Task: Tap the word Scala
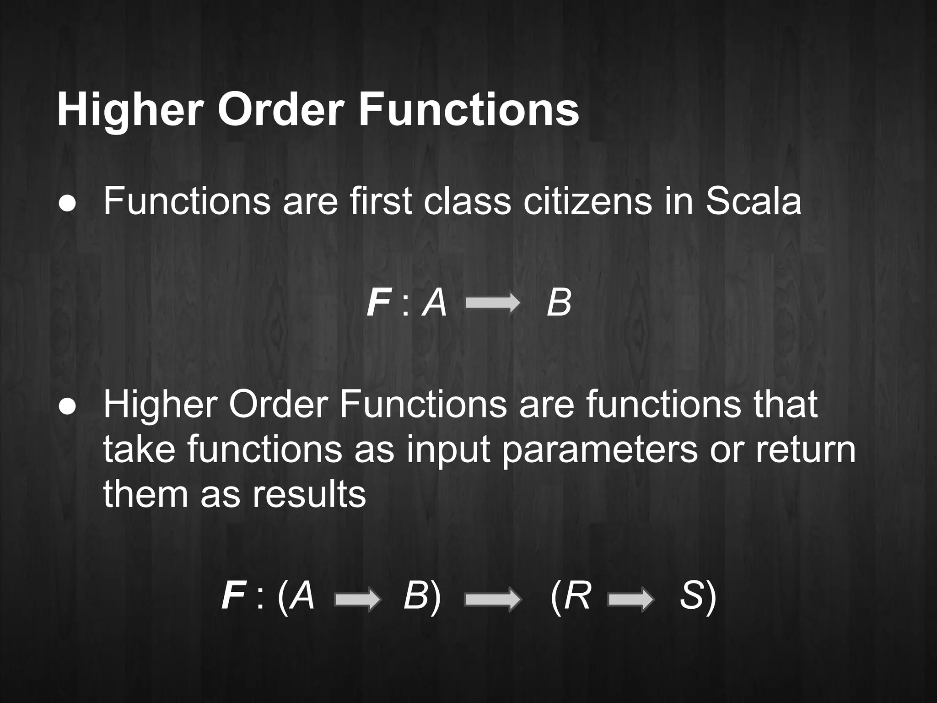754,201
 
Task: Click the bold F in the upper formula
378,303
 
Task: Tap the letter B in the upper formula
559,303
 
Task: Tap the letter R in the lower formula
577,597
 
